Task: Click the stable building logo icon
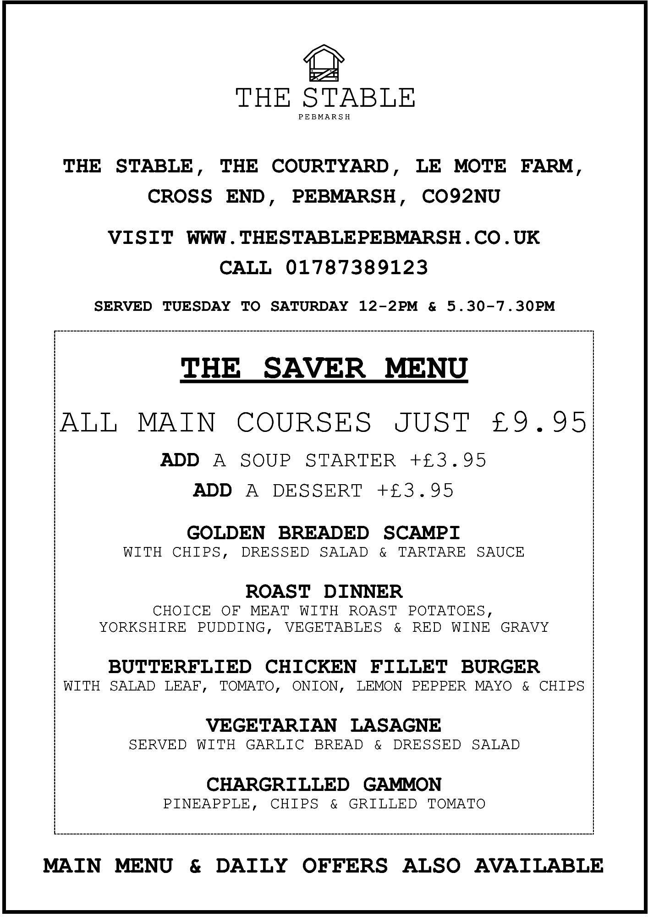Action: [324, 63]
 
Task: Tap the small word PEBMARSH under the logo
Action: [324, 117]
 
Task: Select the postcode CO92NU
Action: [460, 197]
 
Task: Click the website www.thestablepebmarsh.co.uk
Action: [363, 238]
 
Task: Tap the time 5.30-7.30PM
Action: [500, 306]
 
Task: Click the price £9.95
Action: [539, 422]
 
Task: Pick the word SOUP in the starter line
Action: [265, 460]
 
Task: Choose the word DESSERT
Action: [317, 491]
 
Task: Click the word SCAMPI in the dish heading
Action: [421, 533]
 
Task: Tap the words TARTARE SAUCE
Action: [461, 552]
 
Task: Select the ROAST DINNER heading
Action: [324, 591]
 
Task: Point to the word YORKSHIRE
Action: [143, 627]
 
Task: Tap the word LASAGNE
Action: [395, 725]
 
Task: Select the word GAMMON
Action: [402, 784]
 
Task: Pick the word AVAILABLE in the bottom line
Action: [539, 866]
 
